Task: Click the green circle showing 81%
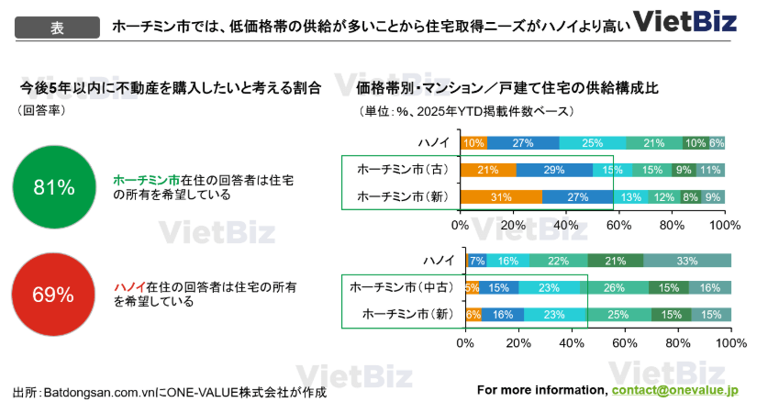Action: pos(53,188)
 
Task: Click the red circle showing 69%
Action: pos(53,295)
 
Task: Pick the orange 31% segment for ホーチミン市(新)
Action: pos(500,196)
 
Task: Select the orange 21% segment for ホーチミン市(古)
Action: pos(487,170)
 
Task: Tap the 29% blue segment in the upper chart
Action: pos(553,170)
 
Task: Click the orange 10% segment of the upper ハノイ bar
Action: pos(473,143)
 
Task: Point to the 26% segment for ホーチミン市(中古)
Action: pos(614,288)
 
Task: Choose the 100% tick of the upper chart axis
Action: pos(725,224)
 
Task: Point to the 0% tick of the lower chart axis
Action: pos(464,343)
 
